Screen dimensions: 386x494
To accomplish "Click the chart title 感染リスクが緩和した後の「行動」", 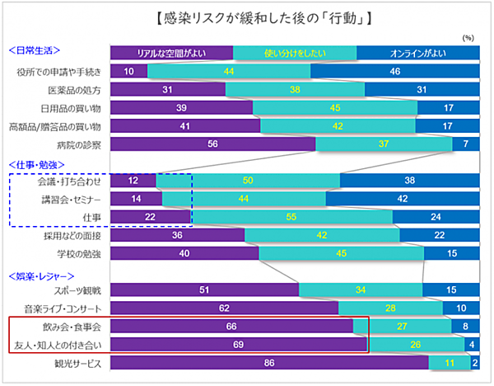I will click(x=248, y=17).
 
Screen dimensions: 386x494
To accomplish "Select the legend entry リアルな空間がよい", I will click(x=171, y=54).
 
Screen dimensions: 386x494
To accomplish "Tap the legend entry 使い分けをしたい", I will click(x=295, y=54).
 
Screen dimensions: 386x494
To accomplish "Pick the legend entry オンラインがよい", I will click(x=417, y=54).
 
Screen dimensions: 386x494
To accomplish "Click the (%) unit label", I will click(x=468, y=37).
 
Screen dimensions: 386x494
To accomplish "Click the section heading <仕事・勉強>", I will click(x=35, y=163).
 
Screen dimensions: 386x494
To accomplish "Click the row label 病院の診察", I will click(x=79, y=144).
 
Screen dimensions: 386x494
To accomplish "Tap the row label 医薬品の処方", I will click(x=74, y=90).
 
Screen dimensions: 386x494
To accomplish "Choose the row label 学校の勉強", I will click(x=79, y=253).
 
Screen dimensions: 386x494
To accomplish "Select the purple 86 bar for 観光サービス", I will click(x=268, y=362).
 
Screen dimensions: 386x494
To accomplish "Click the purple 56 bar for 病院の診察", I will click(x=212, y=144).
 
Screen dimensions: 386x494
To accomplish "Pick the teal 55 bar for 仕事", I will click(x=291, y=217).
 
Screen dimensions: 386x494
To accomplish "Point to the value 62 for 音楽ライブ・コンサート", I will click(x=223, y=308).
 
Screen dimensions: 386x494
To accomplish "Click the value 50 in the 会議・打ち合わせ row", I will click(x=248, y=181).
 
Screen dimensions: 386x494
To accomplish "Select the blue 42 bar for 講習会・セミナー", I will click(x=403, y=199).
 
